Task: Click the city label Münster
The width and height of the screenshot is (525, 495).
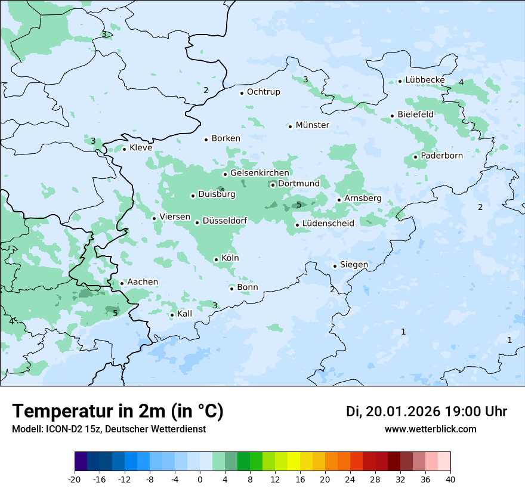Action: point(313,125)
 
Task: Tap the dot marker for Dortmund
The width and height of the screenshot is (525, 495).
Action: point(273,185)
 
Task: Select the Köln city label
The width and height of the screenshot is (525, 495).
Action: point(230,258)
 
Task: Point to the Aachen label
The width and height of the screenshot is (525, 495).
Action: point(143,282)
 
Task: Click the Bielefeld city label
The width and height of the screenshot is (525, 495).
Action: point(415,115)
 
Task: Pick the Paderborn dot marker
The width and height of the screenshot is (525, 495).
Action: point(415,157)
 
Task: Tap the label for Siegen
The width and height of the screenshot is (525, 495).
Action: point(354,265)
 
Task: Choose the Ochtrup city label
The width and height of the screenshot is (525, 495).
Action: point(263,92)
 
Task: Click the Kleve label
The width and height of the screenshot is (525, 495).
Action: point(141,148)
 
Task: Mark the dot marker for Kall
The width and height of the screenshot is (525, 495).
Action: point(172,315)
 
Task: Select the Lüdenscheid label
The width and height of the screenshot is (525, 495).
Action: point(328,224)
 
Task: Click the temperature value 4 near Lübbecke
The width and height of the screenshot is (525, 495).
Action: point(461,82)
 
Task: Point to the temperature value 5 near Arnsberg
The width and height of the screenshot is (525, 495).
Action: point(299,205)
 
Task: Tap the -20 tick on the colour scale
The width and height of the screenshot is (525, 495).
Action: point(75,479)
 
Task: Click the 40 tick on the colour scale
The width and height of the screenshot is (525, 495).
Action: point(450,479)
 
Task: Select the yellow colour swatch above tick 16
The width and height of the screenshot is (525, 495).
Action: point(294,462)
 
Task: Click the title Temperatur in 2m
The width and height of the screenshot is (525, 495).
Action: point(118,412)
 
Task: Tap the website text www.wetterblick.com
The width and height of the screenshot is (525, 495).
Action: point(430,429)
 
